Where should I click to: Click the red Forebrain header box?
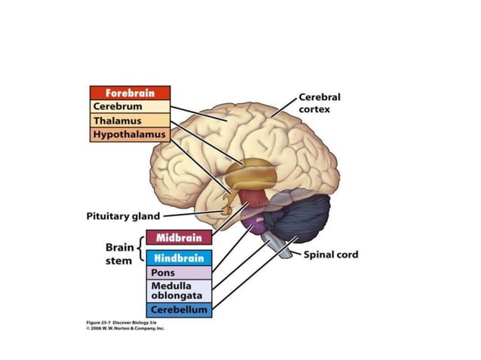(130, 93)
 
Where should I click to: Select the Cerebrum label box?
(130, 107)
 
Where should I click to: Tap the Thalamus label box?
(130, 121)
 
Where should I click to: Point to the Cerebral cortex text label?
(320, 103)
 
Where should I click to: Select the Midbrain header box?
(179, 238)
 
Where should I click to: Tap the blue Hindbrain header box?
(179, 258)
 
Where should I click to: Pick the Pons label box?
(179, 273)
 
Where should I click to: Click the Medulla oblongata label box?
(179, 291)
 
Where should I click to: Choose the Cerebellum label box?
(179, 310)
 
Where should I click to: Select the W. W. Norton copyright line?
(124, 329)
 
